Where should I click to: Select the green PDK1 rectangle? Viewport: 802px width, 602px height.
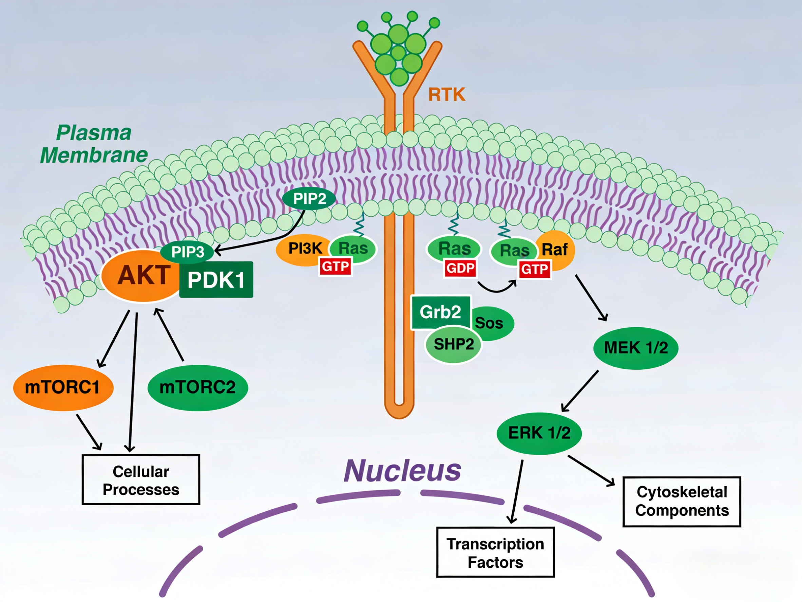click(216, 280)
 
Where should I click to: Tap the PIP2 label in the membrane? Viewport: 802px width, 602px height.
click(309, 199)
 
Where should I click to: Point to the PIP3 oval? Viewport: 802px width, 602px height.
click(188, 252)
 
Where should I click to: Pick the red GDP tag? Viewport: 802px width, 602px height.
click(460, 269)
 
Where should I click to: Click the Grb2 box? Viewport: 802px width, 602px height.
click(440, 312)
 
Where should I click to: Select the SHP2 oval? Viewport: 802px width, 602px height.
click(453, 344)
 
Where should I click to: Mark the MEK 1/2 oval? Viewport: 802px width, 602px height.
click(635, 348)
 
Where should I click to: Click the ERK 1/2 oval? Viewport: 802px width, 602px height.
click(539, 433)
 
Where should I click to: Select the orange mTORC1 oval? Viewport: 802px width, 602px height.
click(63, 387)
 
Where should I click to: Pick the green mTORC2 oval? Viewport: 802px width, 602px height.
click(197, 387)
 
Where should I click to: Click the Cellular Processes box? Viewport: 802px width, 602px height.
click(141, 480)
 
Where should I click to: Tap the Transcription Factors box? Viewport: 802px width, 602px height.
click(495, 552)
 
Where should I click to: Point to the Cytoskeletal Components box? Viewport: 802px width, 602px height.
click(682, 501)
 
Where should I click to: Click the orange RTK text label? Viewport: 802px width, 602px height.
click(447, 95)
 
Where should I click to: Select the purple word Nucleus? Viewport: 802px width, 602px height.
click(402, 471)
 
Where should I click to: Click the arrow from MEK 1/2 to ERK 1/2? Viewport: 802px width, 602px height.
click(580, 391)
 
